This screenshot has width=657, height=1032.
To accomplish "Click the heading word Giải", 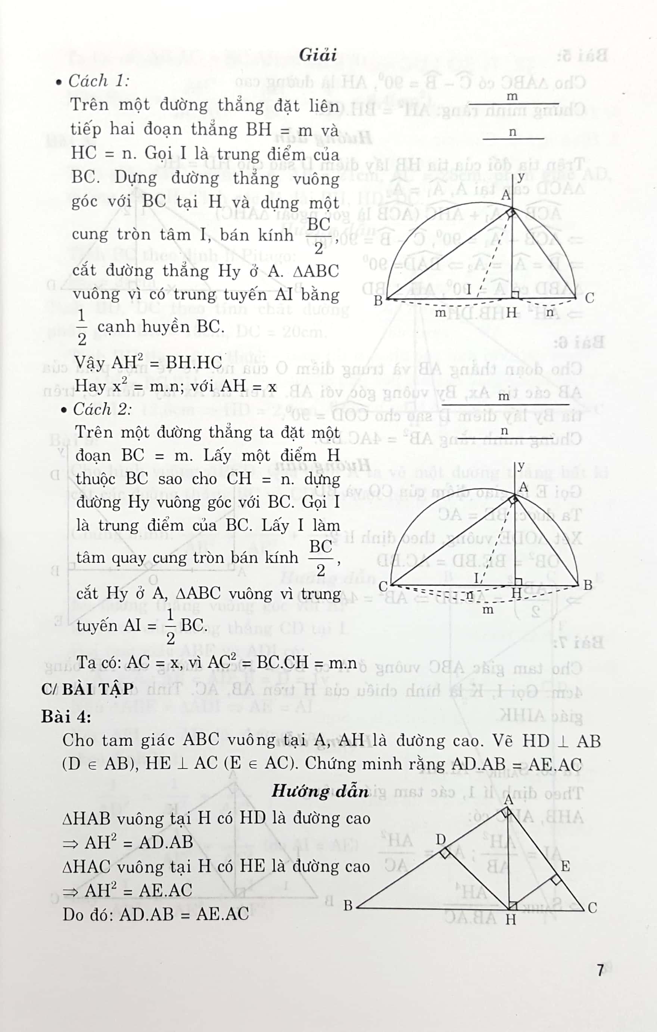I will (318, 55).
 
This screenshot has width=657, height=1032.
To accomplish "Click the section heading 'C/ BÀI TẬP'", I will (87, 689).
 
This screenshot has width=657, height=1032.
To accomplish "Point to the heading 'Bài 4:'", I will (66, 716).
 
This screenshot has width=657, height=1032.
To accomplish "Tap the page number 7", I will (600, 970).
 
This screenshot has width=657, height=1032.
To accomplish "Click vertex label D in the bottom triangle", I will (441, 840).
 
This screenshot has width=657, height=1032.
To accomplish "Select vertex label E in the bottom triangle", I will (565, 867).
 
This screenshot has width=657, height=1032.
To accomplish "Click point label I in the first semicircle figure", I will (469, 290).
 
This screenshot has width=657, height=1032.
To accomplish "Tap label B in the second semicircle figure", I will (588, 585).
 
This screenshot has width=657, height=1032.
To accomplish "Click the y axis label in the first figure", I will (521, 177).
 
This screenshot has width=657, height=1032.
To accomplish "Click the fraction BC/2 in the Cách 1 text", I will (319, 235).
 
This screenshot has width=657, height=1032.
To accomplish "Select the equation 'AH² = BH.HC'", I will (148, 362).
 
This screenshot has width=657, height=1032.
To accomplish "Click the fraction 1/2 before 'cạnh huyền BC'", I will (82, 327).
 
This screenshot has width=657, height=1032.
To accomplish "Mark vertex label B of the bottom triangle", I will (348, 905).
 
